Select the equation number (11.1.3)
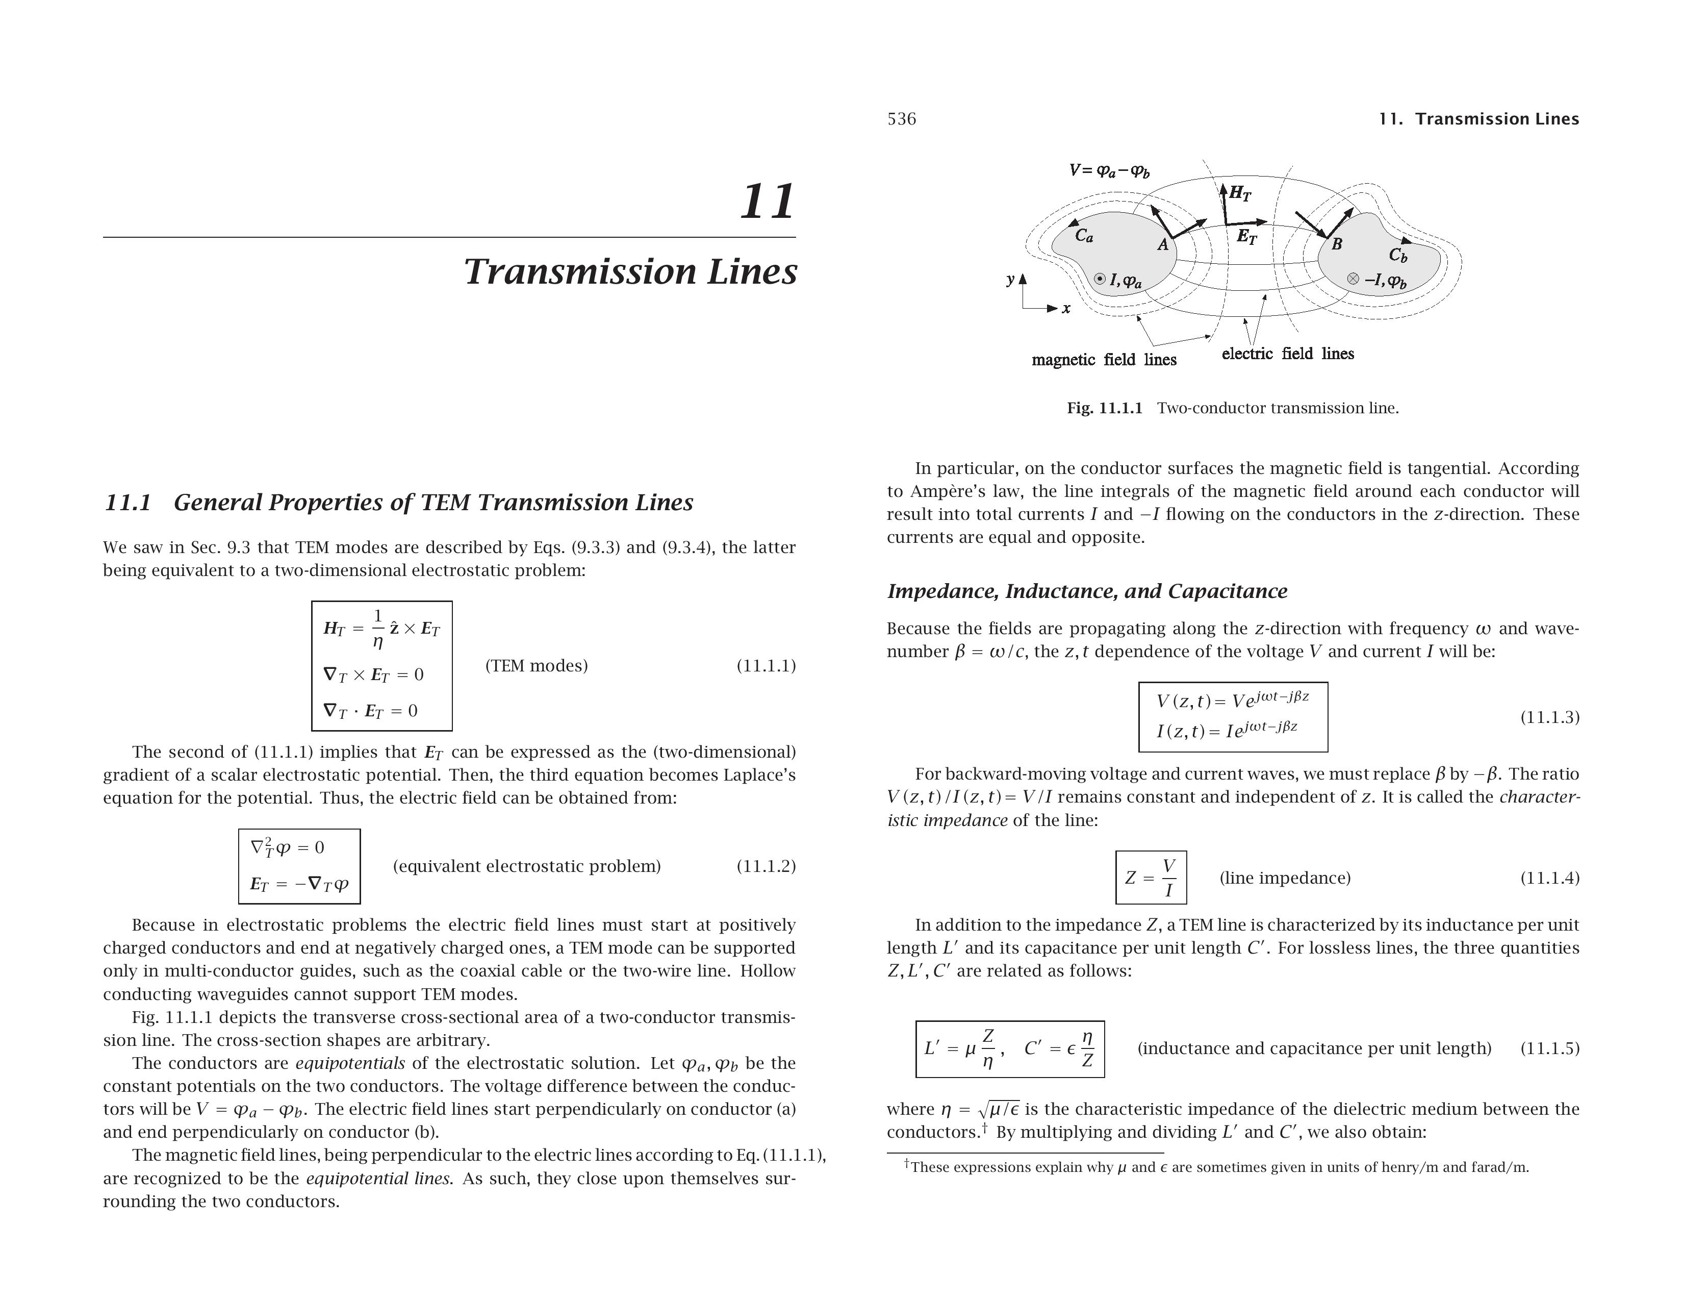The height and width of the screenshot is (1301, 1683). [x=1549, y=717]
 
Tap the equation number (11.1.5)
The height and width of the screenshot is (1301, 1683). [x=1549, y=1048]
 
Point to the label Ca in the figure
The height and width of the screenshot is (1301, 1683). [x=1083, y=235]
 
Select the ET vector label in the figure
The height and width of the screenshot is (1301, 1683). [x=1246, y=237]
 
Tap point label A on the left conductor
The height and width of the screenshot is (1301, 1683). [x=1163, y=245]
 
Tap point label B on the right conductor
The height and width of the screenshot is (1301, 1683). [x=1337, y=244]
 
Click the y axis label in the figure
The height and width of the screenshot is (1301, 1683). [x=1010, y=280]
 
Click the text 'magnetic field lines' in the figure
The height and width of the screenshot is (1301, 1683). [x=1104, y=360]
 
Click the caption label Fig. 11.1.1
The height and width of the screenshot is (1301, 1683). [x=1104, y=408]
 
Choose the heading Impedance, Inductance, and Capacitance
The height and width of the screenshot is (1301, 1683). [x=1086, y=591]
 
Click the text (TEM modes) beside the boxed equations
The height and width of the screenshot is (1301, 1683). [x=537, y=665]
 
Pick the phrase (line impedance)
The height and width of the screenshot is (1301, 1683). [x=1285, y=878]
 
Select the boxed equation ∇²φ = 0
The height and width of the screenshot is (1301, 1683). [x=288, y=848]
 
